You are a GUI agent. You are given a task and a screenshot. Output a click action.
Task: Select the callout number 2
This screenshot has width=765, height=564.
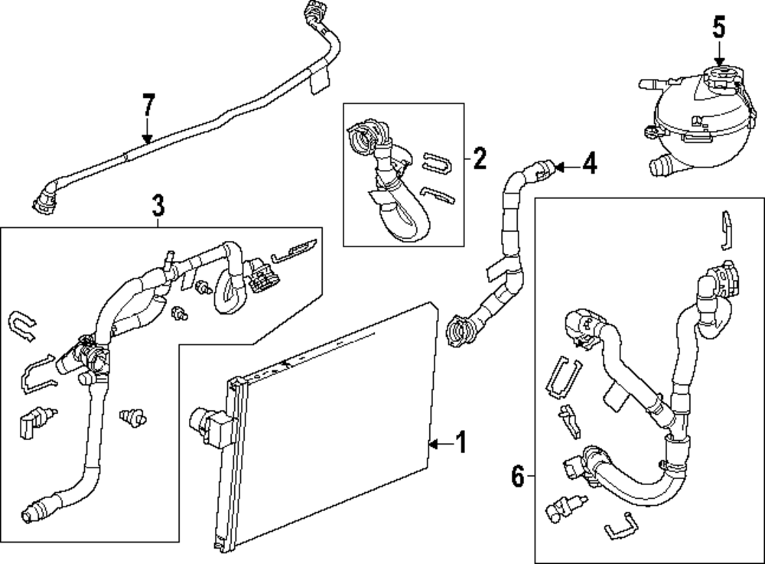pos(480,158)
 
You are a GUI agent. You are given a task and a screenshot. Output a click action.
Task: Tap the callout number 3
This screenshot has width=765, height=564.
pos(158,205)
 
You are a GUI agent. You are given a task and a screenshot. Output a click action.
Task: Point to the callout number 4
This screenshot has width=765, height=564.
pos(590,163)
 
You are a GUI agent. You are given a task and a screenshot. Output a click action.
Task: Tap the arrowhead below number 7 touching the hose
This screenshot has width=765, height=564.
pos(148,139)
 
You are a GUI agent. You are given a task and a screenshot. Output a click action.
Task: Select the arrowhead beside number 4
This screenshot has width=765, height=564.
pos(560,168)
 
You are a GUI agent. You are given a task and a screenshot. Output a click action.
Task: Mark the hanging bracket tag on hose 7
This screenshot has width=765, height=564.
pos(320,79)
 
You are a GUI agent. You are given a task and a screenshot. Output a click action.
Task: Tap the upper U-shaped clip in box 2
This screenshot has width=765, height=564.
pos(437,163)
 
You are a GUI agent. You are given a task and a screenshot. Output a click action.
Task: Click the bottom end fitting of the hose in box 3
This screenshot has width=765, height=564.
pos(35,510)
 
